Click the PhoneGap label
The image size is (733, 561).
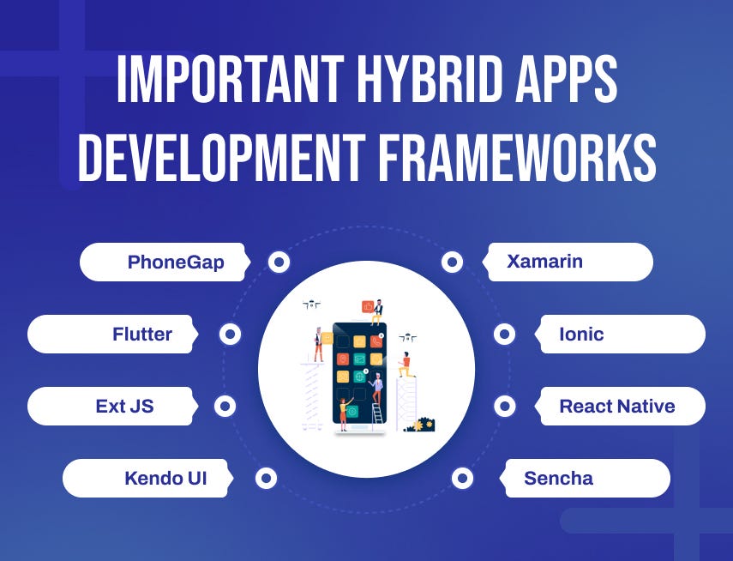[176, 262]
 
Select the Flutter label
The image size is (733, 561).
[142, 335]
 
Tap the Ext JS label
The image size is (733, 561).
[125, 407]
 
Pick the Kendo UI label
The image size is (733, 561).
[165, 478]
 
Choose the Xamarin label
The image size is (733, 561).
[544, 262]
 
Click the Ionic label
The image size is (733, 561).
[581, 335]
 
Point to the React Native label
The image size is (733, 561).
[617, 407]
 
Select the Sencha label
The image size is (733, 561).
[558, 478]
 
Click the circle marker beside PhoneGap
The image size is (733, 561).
[279, 262]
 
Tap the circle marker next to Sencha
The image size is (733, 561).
[462, 478]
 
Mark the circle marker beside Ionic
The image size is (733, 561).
[505, 335]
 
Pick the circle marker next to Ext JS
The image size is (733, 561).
[225, 407]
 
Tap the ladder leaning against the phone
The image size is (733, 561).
[377, 411]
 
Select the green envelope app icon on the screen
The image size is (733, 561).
[360, 359]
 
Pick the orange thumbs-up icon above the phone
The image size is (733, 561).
[368, 306]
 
